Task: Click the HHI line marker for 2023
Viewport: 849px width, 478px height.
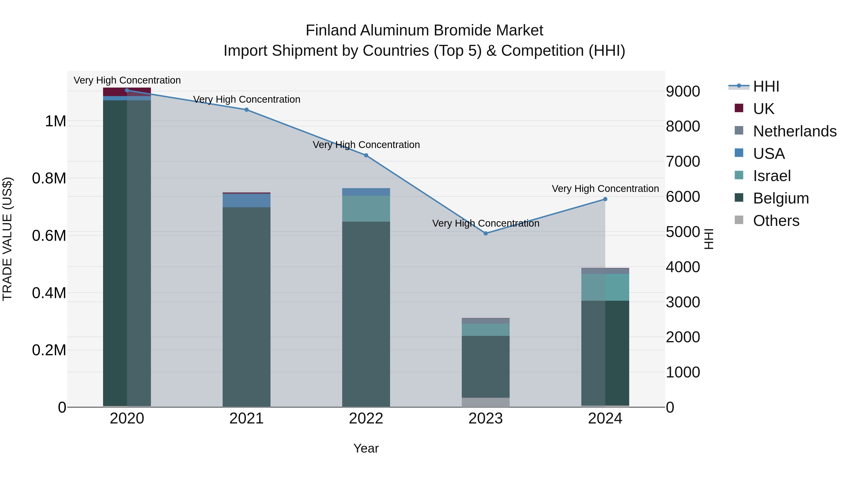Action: [486, 233]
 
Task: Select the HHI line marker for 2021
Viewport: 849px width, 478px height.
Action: [246, 110]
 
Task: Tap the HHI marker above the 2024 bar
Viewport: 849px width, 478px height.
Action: [605, 199]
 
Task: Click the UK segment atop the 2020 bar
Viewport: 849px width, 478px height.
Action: [127, 92]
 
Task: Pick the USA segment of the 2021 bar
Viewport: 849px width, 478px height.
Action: [246, 201]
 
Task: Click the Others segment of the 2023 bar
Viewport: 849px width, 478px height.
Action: [486, 402]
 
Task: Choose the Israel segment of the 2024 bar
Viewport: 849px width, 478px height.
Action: [605, 287]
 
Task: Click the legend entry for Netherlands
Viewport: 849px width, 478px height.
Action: [794, 131]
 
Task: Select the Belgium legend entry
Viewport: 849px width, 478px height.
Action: [780, 198]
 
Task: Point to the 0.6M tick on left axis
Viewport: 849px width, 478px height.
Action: [49, 236]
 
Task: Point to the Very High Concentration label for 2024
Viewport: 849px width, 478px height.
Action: [605, 189]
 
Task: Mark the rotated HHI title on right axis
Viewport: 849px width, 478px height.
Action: [709, 239]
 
